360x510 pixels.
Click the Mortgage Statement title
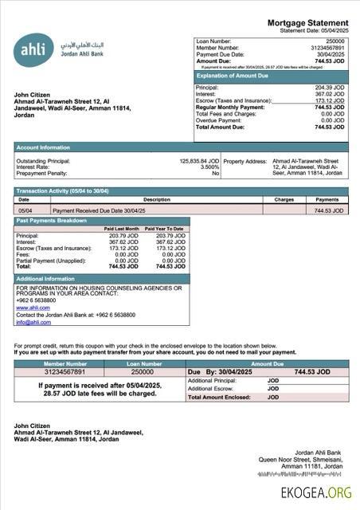tap(307, 22)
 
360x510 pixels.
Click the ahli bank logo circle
tap(34, 51)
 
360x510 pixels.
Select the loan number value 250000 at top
tap(335, 40)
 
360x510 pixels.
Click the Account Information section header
tap(43, 147)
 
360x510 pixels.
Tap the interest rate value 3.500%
tap(209, 167)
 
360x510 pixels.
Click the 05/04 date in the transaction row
tap(25, 210)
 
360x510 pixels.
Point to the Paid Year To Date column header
tap(164, 229)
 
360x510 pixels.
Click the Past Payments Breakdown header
tap(52, 220)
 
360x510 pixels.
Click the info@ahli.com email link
tap(33, 322)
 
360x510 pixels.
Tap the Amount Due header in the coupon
tap(267, 363)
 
